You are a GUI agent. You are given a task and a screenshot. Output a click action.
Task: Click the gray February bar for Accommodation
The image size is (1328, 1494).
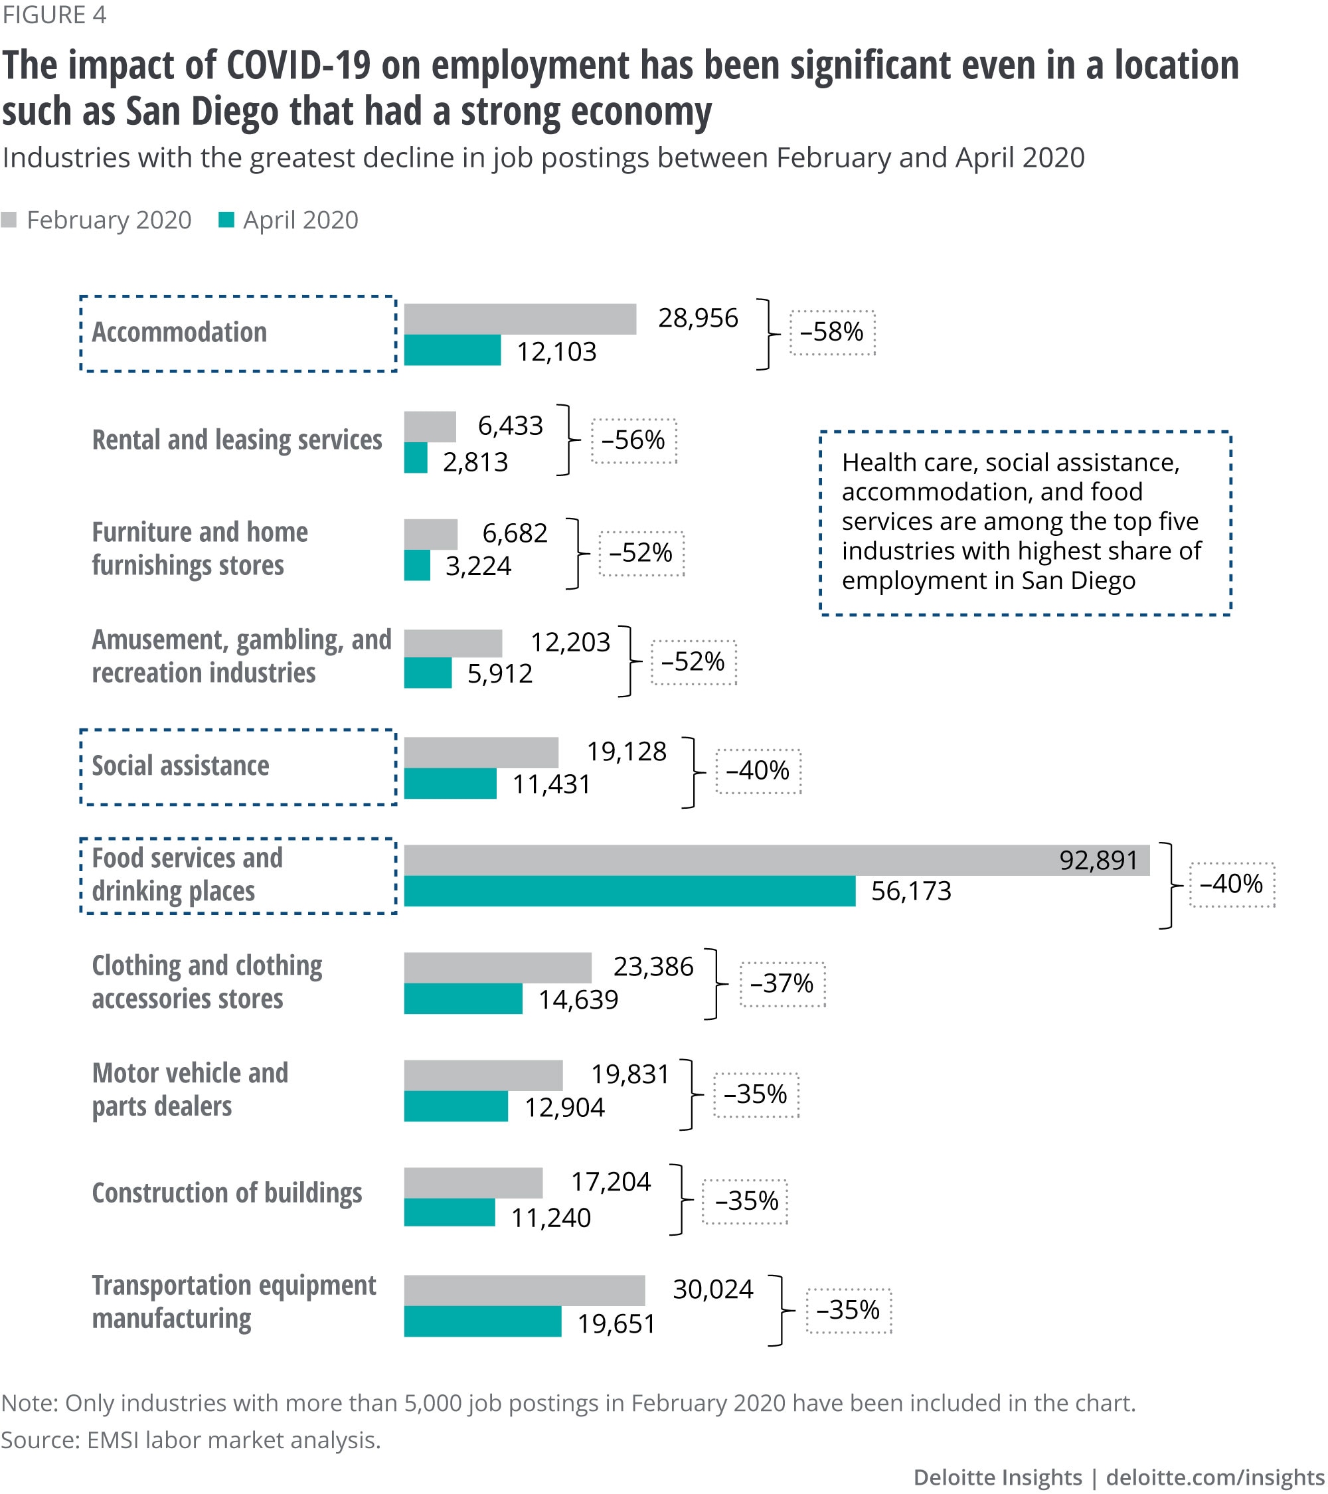point(520,319)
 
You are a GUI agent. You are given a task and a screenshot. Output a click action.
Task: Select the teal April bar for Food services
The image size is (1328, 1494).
point(629,891)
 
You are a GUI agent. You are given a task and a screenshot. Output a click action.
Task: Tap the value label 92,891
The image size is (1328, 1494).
point(1098,861)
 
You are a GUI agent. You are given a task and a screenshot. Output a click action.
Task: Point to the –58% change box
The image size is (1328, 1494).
point(832,333)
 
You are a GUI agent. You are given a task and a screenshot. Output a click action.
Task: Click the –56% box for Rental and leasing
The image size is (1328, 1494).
point(633,441)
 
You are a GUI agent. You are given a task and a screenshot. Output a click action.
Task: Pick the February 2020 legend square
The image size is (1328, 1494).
point(9,220)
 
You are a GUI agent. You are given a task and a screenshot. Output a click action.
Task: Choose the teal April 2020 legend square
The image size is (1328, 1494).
point(226,220)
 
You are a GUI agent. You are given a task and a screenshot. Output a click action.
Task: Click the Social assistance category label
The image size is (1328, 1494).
point(181,766)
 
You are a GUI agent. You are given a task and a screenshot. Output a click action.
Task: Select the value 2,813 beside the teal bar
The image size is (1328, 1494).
point(475,462)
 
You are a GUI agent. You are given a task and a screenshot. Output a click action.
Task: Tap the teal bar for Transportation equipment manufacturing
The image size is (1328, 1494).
point(482,1321)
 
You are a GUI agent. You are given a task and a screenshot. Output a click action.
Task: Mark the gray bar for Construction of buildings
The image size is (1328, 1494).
point(473,1183)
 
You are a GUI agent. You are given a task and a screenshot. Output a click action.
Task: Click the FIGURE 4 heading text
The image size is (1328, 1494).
point(54,15)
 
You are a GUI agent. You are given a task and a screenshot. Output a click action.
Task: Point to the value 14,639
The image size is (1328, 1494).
point(578,999)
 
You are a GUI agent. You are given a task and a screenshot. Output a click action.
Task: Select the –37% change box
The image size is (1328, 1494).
point(782,984)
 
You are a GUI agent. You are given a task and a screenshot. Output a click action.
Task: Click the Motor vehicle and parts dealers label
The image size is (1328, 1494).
point(190,1089)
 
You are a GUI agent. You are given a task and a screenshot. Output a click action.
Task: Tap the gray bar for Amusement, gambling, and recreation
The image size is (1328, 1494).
point(452,643)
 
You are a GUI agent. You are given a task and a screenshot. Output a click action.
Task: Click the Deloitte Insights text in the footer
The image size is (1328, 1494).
point(997,1477)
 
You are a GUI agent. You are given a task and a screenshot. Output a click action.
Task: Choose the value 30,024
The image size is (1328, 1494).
point(712,1289)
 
